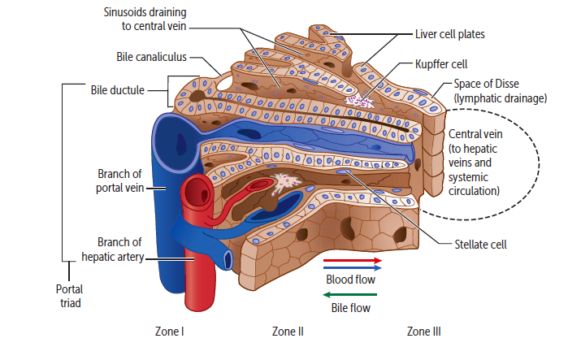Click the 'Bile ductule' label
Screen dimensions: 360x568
click(x=117, y=89)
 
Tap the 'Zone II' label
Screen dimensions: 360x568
click(x=288, y=332)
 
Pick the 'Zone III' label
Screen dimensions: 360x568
click(x=423, y=332)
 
